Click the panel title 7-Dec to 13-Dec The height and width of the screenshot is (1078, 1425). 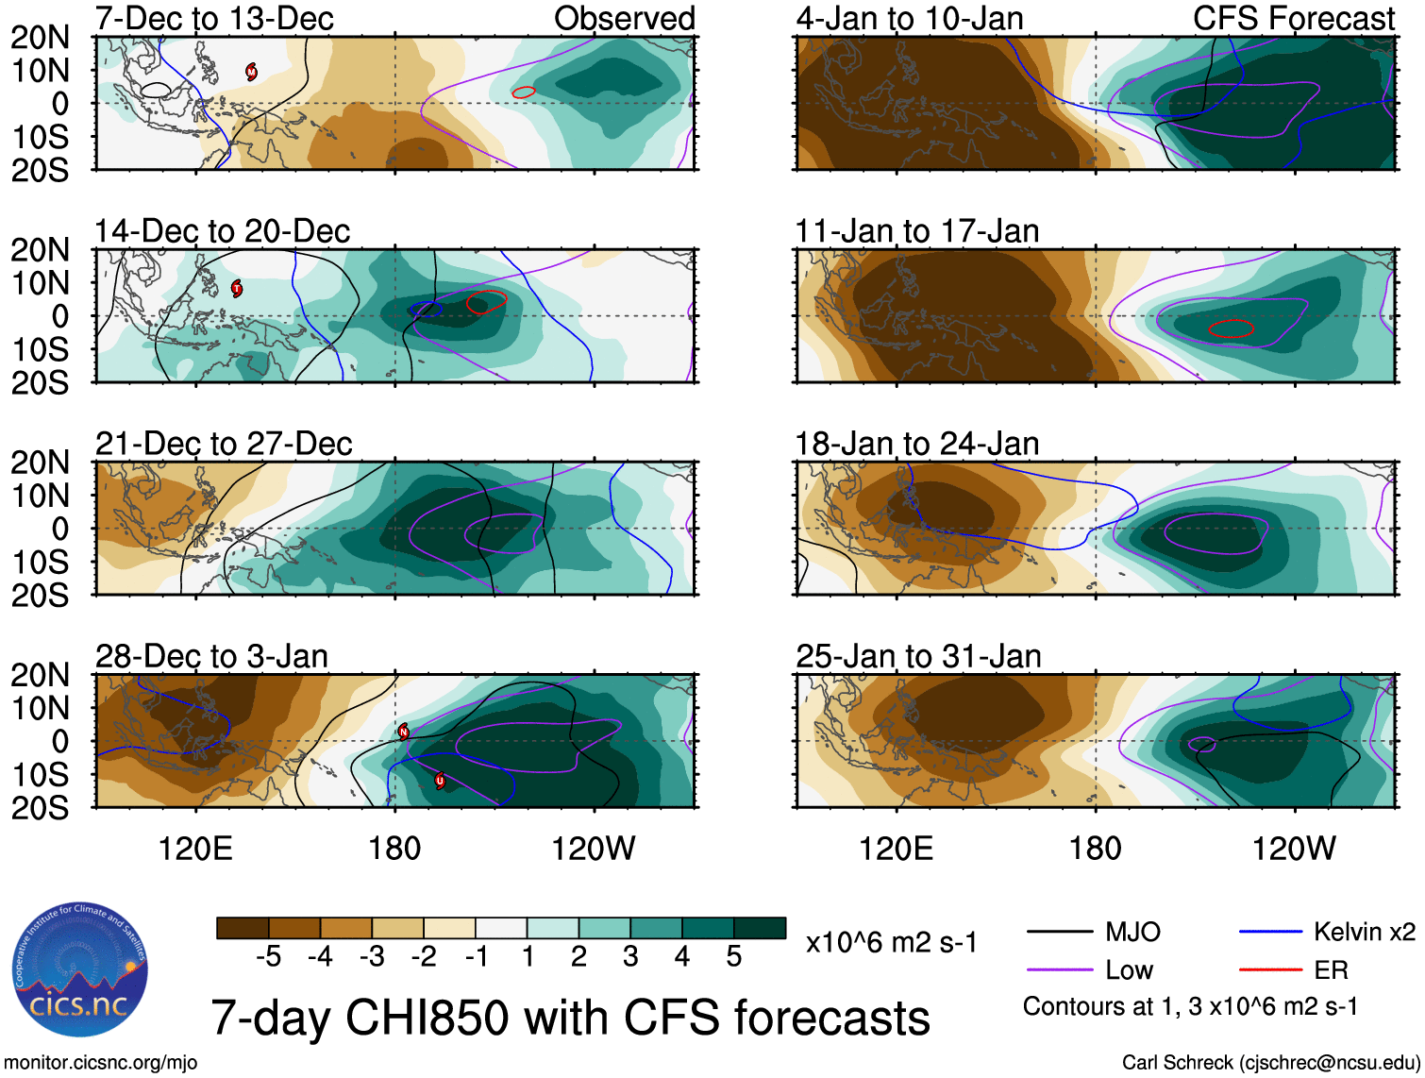pos(214,18)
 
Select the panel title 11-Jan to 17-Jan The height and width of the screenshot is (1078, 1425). pos(916,231)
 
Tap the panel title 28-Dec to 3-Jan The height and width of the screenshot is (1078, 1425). pos(211,656)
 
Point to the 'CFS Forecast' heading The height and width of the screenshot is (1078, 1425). pos(1293,18)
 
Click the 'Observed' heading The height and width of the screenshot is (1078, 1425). pos(624,18)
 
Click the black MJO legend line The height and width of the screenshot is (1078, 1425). pos(1059,933)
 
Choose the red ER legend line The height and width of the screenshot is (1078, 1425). pos(1270,969)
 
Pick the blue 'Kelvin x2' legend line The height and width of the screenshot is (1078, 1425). pos(1270,933)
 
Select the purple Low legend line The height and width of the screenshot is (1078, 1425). pos(1059,969)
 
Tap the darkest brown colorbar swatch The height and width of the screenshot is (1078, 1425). pos(243,928)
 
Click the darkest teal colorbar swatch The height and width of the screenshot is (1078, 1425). pos(760,928)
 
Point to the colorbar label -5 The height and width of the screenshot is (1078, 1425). pos(268,957)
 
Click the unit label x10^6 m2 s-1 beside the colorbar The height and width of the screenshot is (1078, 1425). pos(891,942)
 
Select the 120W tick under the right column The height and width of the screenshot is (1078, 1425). pos(1294,849)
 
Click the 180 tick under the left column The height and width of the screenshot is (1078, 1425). pos(394,849)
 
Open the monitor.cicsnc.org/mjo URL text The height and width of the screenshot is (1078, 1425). pos(101,1063)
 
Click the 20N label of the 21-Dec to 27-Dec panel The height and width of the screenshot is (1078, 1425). pos(40,463)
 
